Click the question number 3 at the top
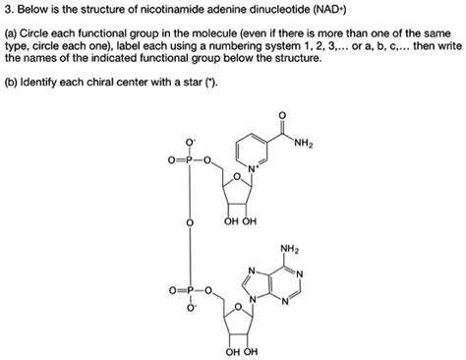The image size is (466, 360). (x=8, y=12)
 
